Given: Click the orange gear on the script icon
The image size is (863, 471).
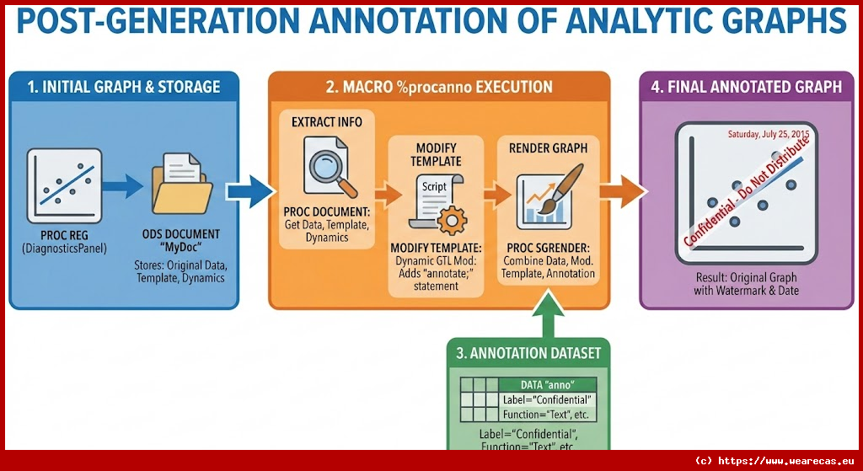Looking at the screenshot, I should (453, 220).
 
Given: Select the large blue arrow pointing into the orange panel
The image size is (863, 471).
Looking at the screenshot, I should (247, 192).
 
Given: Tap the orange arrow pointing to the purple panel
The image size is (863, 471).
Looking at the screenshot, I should (622, 192).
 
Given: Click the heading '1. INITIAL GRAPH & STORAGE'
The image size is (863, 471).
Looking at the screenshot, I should (124, 87).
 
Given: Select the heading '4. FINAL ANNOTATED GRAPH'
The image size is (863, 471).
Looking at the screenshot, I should (747, 87).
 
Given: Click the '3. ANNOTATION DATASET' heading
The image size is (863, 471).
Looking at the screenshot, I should (528, 354).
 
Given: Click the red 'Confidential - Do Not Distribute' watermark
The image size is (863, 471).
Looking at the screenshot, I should (747, 192).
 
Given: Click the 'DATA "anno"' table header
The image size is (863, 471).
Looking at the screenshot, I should (548, 385).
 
